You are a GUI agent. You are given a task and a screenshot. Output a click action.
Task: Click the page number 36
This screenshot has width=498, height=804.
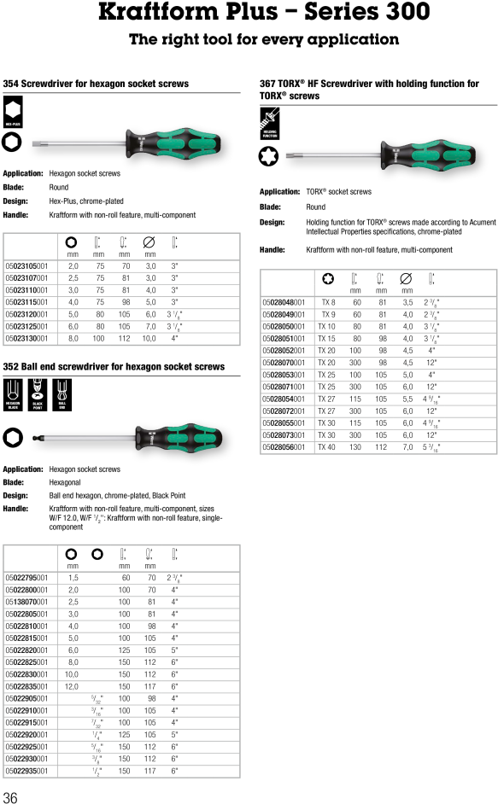[x=10, y=797]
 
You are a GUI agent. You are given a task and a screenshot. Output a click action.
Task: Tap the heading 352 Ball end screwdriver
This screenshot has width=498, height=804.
[x=114, y=367]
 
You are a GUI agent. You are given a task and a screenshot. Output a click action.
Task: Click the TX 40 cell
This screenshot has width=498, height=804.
[x=326, y=446]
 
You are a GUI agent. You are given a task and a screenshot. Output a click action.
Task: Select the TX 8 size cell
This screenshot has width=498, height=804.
[x=328, y=302]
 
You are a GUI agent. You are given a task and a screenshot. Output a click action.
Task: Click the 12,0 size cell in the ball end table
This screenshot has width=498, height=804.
[x=72, y=686]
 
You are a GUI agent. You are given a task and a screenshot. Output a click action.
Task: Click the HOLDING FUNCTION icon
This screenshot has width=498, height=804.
[x=270, y=127]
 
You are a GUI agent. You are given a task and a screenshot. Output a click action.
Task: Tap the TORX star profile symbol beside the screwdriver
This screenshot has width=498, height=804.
[x=270, y=157]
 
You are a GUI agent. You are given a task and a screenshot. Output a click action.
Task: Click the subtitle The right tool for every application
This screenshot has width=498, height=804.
[x=263, y=39]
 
